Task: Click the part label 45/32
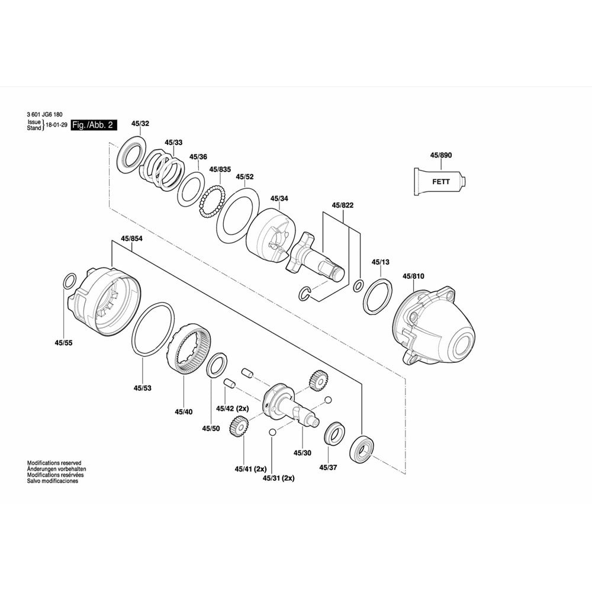(x=140, y=124)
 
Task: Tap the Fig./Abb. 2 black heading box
(x=94, y=125)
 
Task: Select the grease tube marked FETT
(x=440, y=182)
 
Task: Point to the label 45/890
(x=440, y=155)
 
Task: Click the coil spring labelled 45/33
(x=162, y=169)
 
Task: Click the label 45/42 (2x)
(x=233, y=408)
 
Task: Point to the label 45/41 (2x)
(x=250, y=469)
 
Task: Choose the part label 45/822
(x=342, y=205)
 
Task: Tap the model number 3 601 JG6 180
(x=44, y=114)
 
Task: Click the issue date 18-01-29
(x=57, y=125)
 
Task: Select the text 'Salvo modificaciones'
(x=53, y=481)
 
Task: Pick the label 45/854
(x=131, y=239)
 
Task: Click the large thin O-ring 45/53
(x=153, y=329)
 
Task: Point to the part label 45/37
(x=328, y=468)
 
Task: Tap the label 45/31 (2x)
(x=279, y=478)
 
